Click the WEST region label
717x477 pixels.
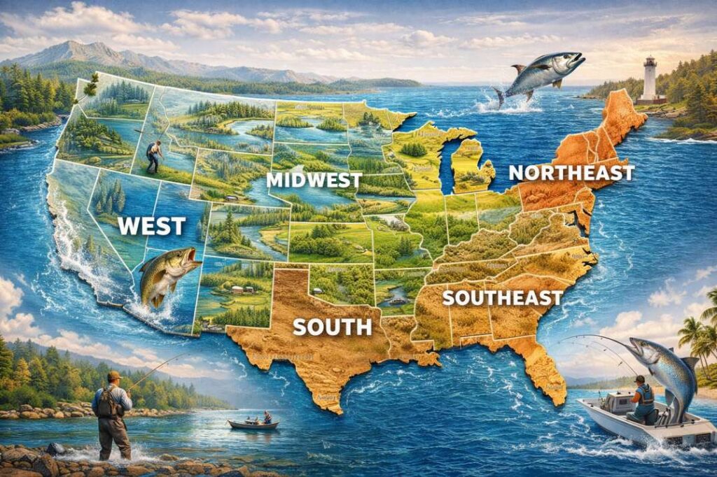coord(152,226)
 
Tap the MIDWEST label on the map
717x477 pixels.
coord(314,180)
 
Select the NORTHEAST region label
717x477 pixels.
coord(571,173)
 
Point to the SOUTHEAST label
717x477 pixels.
coord(502,298)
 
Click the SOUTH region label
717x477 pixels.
coord(332,327)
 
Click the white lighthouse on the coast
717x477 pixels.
coord(650,78)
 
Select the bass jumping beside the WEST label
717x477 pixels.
coord(165,275)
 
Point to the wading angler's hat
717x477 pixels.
coord(113,376)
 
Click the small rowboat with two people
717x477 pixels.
coord(253,423)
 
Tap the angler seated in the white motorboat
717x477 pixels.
coord(642,399)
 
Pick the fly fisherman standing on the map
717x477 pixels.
coord(153,157)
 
